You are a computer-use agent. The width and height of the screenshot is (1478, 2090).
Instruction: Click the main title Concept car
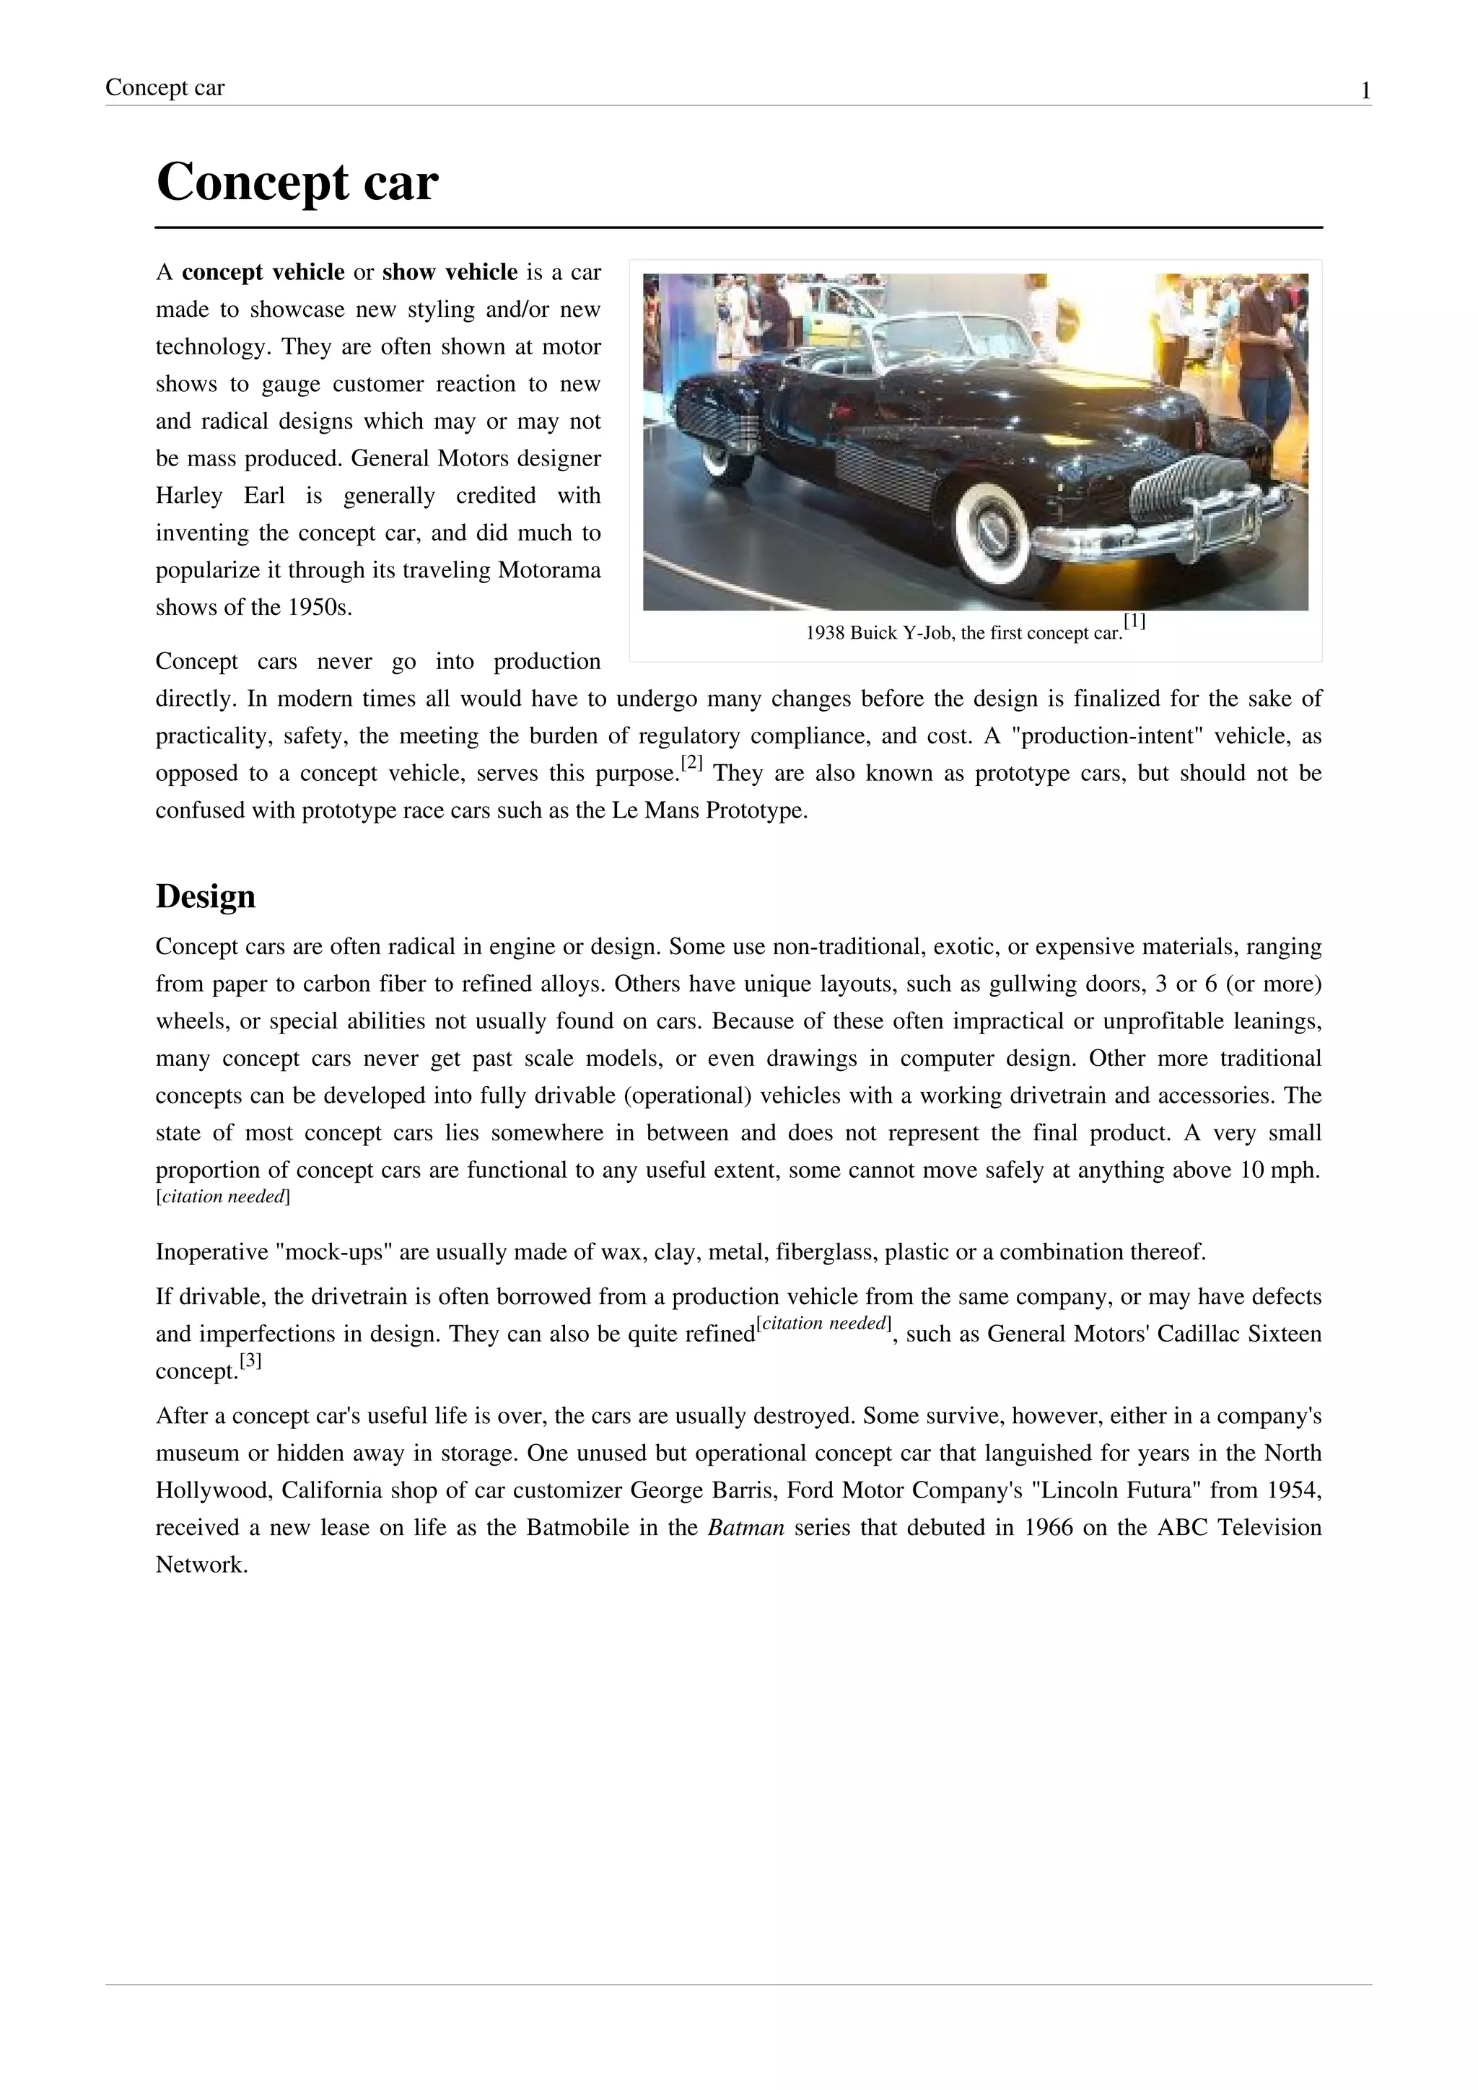click(297, 182)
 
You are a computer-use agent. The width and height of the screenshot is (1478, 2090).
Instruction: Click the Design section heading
click(206, 896)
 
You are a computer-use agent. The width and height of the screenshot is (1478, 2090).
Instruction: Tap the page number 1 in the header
click(1365, 91)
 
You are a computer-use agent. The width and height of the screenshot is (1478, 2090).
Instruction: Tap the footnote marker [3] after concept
click(250, 1361)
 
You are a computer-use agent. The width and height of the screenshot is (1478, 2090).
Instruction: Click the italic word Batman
click(745, 1528)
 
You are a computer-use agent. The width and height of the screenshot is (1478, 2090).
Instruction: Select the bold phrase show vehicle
click(450, 272)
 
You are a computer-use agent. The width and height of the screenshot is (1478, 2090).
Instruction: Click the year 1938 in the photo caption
click(825, 634)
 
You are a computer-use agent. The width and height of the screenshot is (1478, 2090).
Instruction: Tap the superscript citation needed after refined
click(823, 1324)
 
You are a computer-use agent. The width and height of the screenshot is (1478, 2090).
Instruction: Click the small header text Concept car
click(165, 87)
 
